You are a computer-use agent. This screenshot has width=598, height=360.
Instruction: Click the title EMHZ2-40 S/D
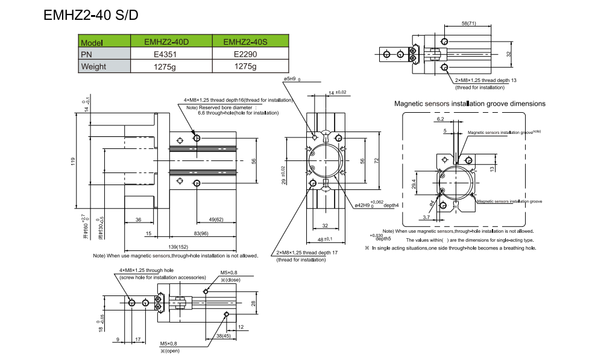[91, 15]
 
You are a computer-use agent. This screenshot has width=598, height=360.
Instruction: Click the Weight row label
[93, 66]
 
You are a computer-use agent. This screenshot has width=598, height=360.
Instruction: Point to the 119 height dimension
[72, 162]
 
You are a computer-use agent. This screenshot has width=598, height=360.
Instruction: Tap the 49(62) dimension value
[215, 219]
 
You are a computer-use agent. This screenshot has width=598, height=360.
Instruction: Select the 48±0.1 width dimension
[327, 239]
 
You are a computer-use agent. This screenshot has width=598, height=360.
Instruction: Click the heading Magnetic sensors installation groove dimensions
[470, 104]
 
